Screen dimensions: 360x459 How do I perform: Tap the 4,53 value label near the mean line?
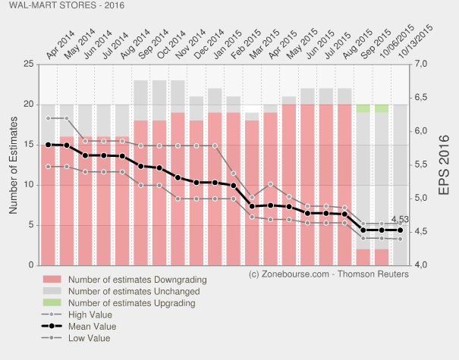pyautogui.click(x=400, y=220)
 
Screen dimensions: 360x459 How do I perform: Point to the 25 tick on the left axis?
pyautogui.click(x=27, y=64)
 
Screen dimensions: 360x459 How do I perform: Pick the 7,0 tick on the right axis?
pyautogui.click(x=423, y=64)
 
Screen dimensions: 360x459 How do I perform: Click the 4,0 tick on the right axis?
pyautogui.click(x=423, y=265)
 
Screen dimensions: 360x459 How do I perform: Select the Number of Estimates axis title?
pyautogui.click(x=14, y=164)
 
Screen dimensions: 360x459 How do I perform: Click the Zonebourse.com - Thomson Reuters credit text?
pyautogui.click(x=329, y=273)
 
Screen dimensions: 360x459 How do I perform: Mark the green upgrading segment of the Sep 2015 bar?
pyautogui.click(x=382, y=108)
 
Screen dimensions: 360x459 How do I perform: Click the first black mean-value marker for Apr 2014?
pyautogui.click(x=49, y=144)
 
